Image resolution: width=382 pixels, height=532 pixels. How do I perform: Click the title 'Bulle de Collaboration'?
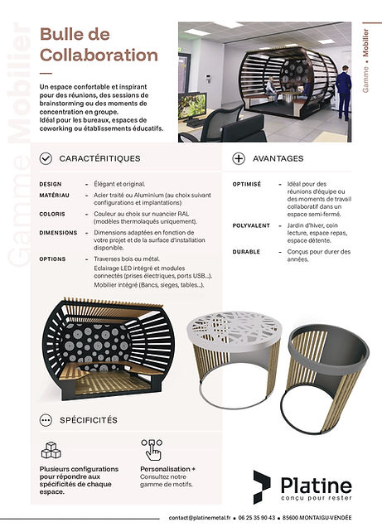pyautogui.click(x=98, y=45)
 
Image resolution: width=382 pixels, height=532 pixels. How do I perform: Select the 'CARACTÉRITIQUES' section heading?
pyautogui.click(x=99, y=158)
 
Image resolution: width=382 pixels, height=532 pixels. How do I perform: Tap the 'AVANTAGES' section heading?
pyautogui.click(x=278, y=158)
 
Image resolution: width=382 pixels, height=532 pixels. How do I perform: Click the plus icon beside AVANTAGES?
pyautogui.click(x=239, y=158)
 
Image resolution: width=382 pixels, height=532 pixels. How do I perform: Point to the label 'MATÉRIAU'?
pyautogui.click(x=55, y=196)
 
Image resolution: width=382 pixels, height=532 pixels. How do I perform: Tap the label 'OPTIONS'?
pyautogui.click(x=52, y=259)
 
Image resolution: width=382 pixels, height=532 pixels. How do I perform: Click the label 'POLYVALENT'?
pyautogui.click(x=251, y=224)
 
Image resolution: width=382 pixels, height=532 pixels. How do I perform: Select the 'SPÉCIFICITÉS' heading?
pyautogui.click(x=89, y=420)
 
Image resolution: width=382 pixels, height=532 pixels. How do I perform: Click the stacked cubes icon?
pyautogui.click(x=51, y=450)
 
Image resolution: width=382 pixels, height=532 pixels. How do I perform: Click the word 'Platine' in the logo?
pyautogui.click(x=314, y=485)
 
